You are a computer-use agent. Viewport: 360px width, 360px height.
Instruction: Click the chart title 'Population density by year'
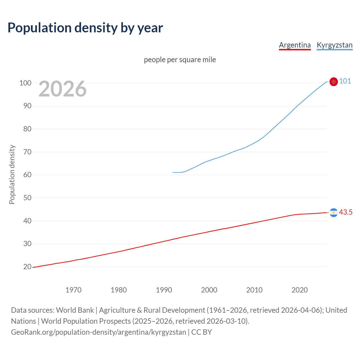pos(85,28)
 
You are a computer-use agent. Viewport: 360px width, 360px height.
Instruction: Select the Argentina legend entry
pos(295,45)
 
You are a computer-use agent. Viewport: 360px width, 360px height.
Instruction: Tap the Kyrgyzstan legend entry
pos(334,45)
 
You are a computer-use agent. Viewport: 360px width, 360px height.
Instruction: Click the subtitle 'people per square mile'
pos(180,60)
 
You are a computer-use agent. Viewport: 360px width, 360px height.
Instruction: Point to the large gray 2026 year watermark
pos(62,89)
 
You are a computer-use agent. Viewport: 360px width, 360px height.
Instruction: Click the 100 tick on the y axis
pos(25,83)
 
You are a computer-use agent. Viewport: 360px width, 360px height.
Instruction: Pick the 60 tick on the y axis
pos(27,175)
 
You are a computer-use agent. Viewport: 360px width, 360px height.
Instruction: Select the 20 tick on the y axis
pos(27,267)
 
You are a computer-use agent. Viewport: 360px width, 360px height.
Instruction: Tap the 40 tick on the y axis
pos(27,221)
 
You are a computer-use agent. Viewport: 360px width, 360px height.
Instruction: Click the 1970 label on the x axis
pos(73,290)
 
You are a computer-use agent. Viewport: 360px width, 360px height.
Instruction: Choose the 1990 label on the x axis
pos(164,290)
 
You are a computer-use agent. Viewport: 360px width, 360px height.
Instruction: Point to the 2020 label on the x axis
pos(300,290)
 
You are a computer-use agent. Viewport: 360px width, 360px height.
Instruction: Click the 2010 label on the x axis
pos(254,290)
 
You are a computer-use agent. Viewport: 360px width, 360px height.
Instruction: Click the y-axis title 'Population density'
pos(12,174)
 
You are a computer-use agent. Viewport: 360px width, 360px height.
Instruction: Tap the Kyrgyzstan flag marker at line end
pos(334,82)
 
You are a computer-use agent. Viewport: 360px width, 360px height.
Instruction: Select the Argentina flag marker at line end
pos(334,213)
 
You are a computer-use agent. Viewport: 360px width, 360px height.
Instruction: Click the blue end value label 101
pos(345,81)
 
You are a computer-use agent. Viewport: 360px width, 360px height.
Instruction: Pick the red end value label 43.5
pos(346,212)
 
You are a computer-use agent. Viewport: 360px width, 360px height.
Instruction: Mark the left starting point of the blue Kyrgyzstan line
pos(173,172)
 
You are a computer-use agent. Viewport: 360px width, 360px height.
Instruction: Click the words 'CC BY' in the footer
pos(201,332)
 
